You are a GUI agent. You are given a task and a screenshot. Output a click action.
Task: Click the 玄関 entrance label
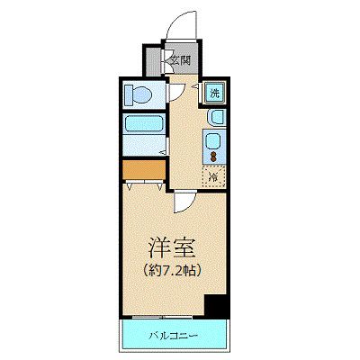tap(179, 61)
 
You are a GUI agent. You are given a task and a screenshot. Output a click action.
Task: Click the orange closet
tap(141, 168)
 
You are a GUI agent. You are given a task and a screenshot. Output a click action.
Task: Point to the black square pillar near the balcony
tap(214, 305)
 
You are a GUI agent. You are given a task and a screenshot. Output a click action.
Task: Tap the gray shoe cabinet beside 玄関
tap(153, 61)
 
